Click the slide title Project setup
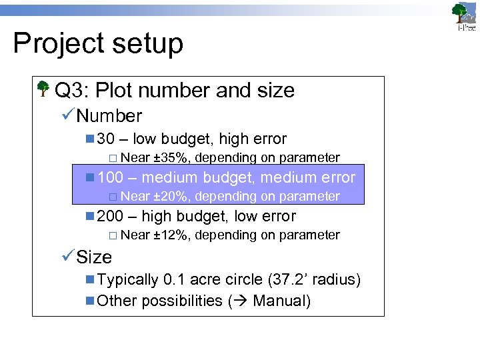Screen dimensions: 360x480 [x=97, y=44]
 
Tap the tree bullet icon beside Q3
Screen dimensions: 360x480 [x=43, y=89]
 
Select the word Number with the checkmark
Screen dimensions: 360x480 [x=109, y=116]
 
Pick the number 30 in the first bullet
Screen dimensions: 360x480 [x=106, y=139]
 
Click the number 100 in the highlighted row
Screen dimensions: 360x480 [x=110, y=178]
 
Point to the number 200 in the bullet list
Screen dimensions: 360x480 [x=110, y=217]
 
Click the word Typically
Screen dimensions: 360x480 [x=128, y=280]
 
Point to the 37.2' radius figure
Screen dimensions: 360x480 [x=315, y=280]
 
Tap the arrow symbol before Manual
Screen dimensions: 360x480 [x=239, y=301]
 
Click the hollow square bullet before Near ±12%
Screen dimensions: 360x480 [x=113, y=236]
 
